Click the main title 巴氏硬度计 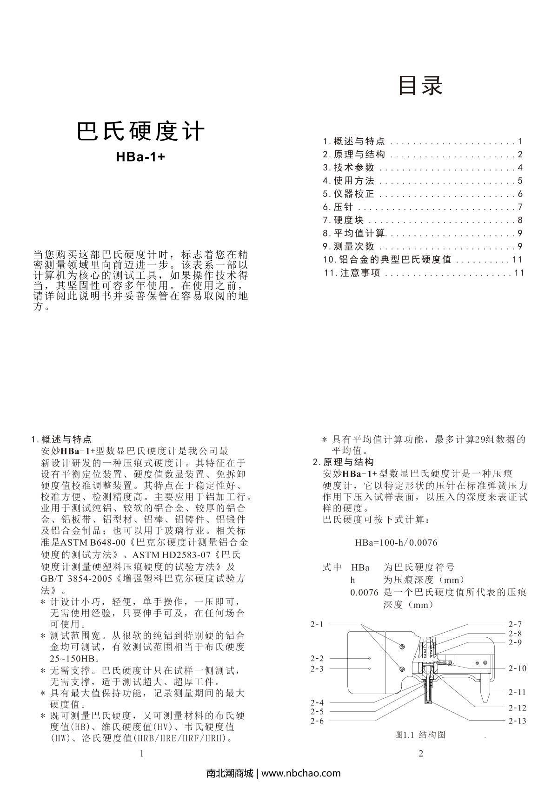tap(140, 132)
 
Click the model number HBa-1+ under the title tap(140, 157)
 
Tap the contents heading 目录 tap(421, 86)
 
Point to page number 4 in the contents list tap(520, 168)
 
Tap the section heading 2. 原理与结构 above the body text tap(343, 462)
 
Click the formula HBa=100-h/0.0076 tap(396, 543)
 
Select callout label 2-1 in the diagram tap(317, 624)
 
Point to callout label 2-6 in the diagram tap(317, 721)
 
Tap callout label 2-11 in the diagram tap(517, 692)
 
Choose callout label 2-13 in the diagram tap(517, 721)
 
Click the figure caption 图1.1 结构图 tap(420, 735)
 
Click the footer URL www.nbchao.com tap(301, 773)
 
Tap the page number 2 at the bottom tap(421, 754)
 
